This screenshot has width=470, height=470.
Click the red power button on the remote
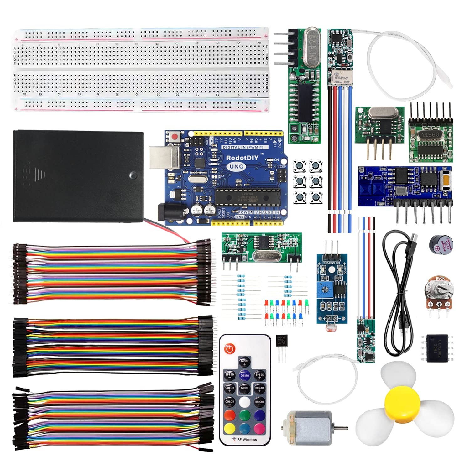click(x=230, y=349)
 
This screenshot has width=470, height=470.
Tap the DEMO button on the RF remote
click(x=245, y=375)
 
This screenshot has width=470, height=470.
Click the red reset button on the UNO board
click(x=174, y=136)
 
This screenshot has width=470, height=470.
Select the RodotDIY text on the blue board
click(x=242, y=158)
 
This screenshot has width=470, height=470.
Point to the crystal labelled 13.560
click(x=430, y=135)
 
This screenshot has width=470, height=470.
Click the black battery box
click(x=78, y=176)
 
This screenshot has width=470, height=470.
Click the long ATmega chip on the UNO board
click(x=247, y=198)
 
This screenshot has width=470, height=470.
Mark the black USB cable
click(x=398, y=298)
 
